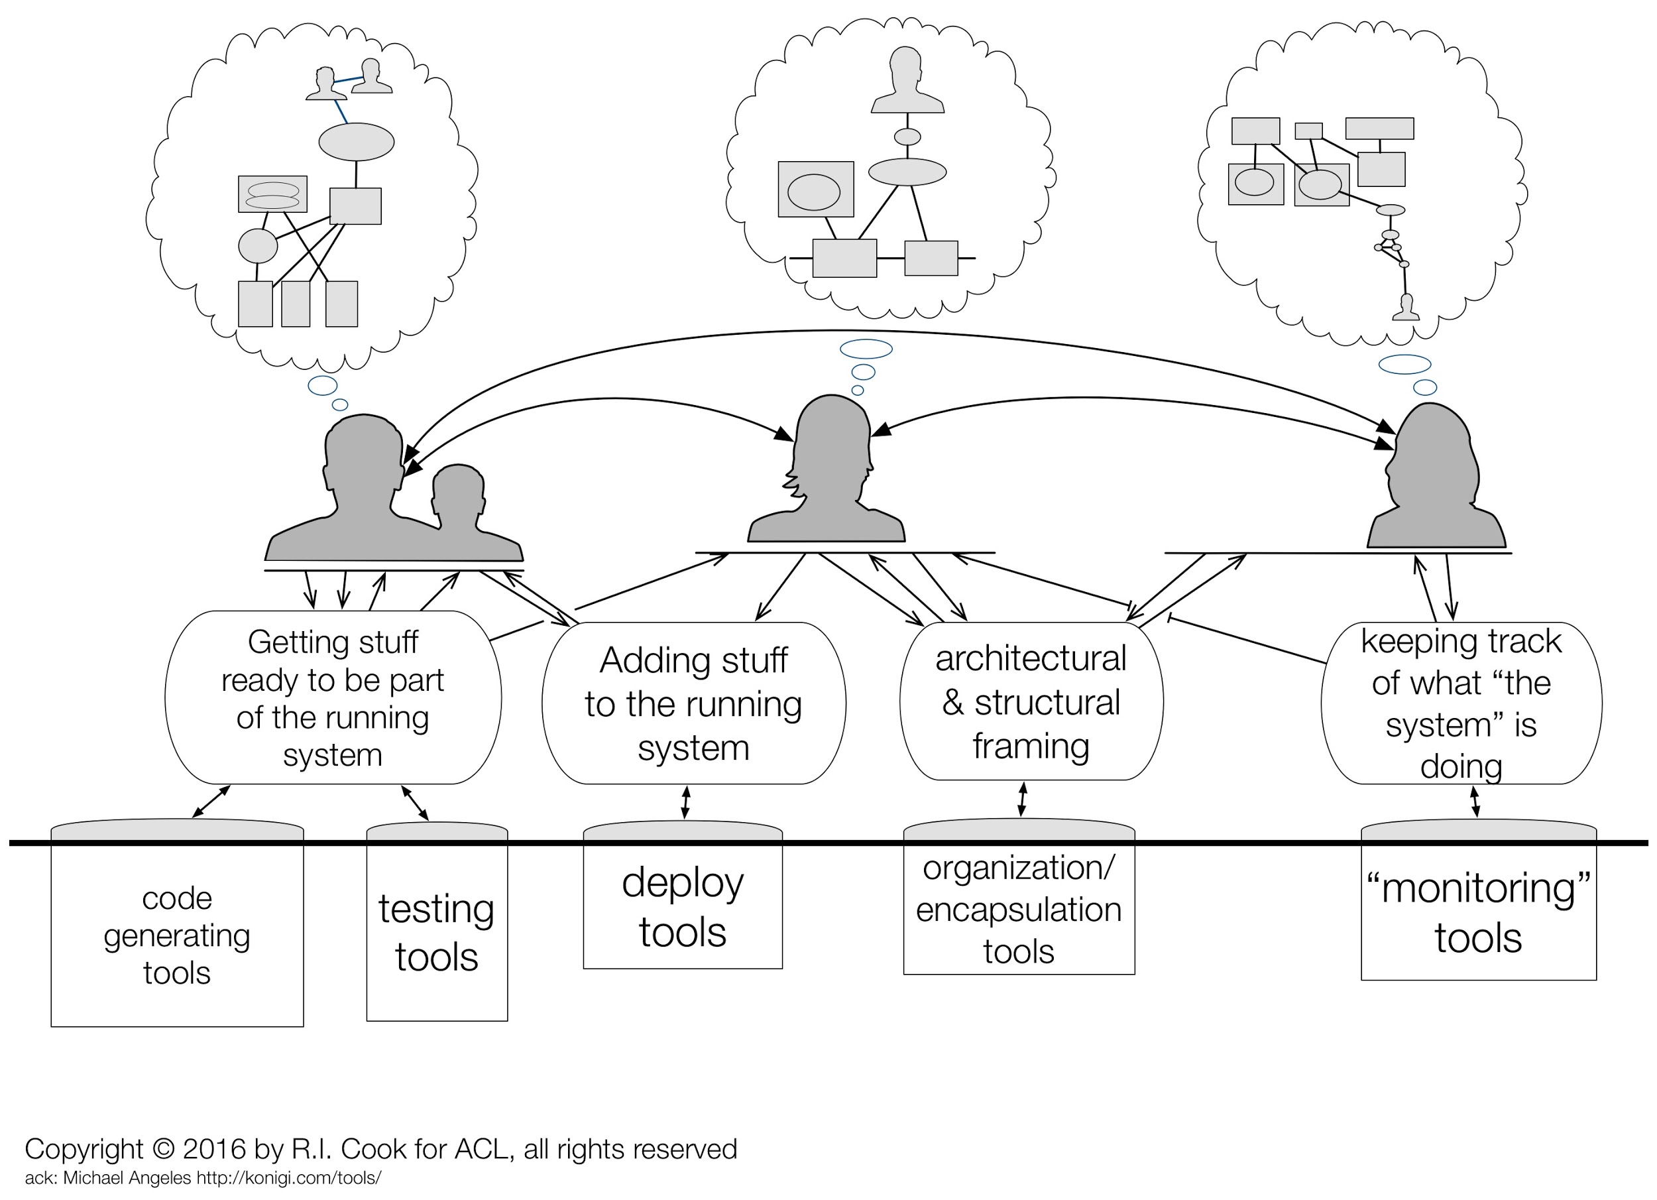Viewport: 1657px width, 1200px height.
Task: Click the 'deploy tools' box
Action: (x=683, y=894)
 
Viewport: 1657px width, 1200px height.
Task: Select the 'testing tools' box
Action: (x=437, y=922)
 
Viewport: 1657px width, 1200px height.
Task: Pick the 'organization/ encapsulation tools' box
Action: (x=1019, y=897)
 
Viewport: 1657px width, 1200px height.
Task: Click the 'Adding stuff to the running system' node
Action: (x=693, y=703)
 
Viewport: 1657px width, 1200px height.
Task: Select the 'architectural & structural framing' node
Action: (x=1031, y=701)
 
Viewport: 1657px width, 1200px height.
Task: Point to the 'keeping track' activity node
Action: (x=1461, y=703)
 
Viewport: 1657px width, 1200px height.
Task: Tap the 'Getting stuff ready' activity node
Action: (x=333, y=697)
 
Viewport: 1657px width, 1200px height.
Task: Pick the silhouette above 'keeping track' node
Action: (x=1435, y=475)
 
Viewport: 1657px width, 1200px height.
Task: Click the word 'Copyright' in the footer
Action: (x=84, y=1150)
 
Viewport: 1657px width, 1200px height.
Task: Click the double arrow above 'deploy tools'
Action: (x=685, y=802)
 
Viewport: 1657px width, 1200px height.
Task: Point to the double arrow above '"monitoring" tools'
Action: (x=1475, y=802)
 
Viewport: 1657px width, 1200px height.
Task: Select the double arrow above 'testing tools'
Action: (x=415, y=803)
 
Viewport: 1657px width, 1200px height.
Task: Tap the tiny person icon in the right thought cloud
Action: (x=1406, y=307)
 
